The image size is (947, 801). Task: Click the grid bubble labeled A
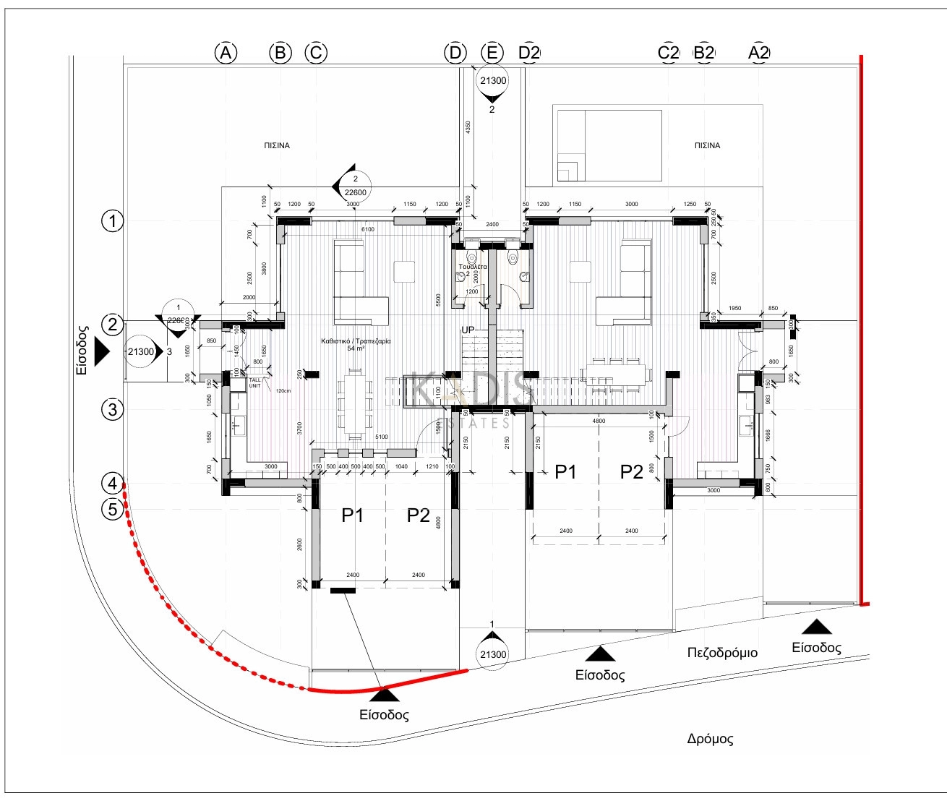point(226,53)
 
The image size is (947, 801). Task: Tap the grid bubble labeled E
point(492,53)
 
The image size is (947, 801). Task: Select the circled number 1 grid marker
point(112,220)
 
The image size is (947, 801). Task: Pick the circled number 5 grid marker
point(112,509)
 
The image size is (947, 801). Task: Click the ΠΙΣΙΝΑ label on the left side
point(277,145)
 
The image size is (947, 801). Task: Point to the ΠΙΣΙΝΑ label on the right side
point(707,145)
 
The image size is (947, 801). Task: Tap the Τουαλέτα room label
point(473,267)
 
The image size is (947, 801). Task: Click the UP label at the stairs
point(468,330)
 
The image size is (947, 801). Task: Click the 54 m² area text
point(356,348)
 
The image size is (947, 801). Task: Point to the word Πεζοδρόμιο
point(722,653)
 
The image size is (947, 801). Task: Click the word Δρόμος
point(710,739)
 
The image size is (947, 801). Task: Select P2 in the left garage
point(419,515)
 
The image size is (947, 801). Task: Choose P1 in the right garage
point(565,472)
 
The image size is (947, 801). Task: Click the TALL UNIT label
point(255,383)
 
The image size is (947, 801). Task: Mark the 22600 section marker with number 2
point(355,187)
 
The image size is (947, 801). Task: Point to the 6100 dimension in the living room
point(368,229)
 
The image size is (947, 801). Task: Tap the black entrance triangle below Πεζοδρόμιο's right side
point(816,627)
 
